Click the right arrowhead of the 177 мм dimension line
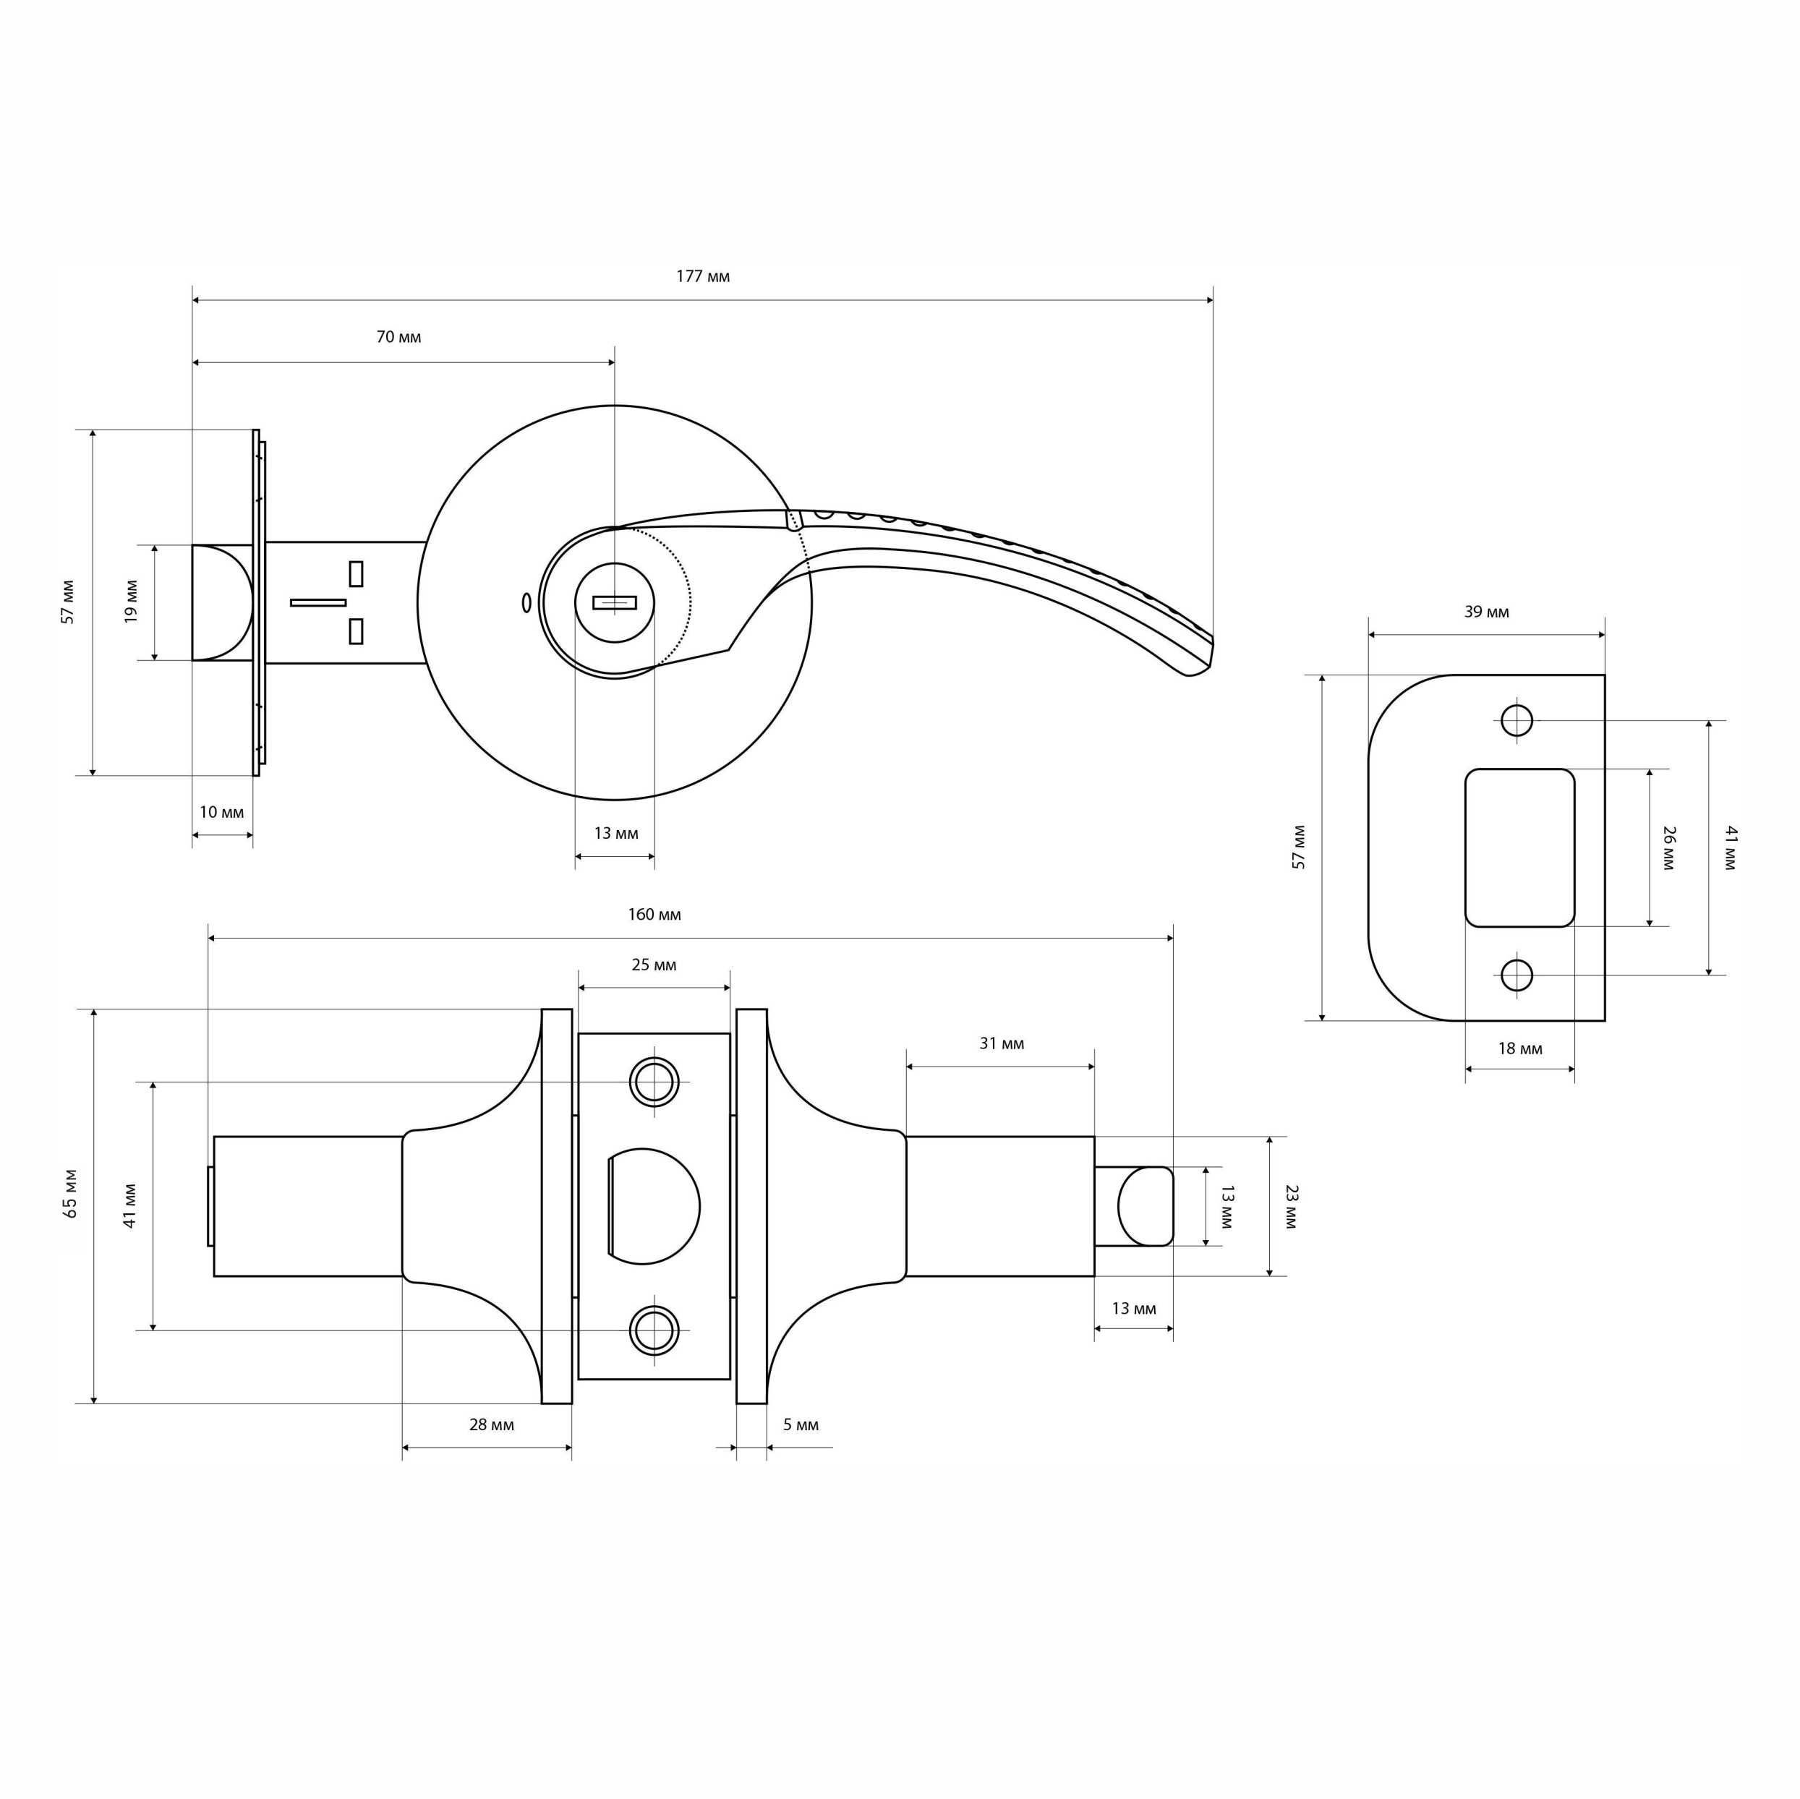click(1211, 300)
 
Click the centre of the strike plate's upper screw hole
click(1517, 720)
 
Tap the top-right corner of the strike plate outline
click(1604, 675)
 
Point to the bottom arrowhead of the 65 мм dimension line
click(94, 1399)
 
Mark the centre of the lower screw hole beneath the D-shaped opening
click(653, 1330)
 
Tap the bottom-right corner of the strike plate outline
click(1604, 1020)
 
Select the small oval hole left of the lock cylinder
click(526, 603)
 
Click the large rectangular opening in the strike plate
click(1519, 847)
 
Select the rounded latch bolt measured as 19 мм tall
click(223, 603)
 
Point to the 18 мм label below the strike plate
click(1519, 1049)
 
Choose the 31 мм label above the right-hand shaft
click(1002, 1043)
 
